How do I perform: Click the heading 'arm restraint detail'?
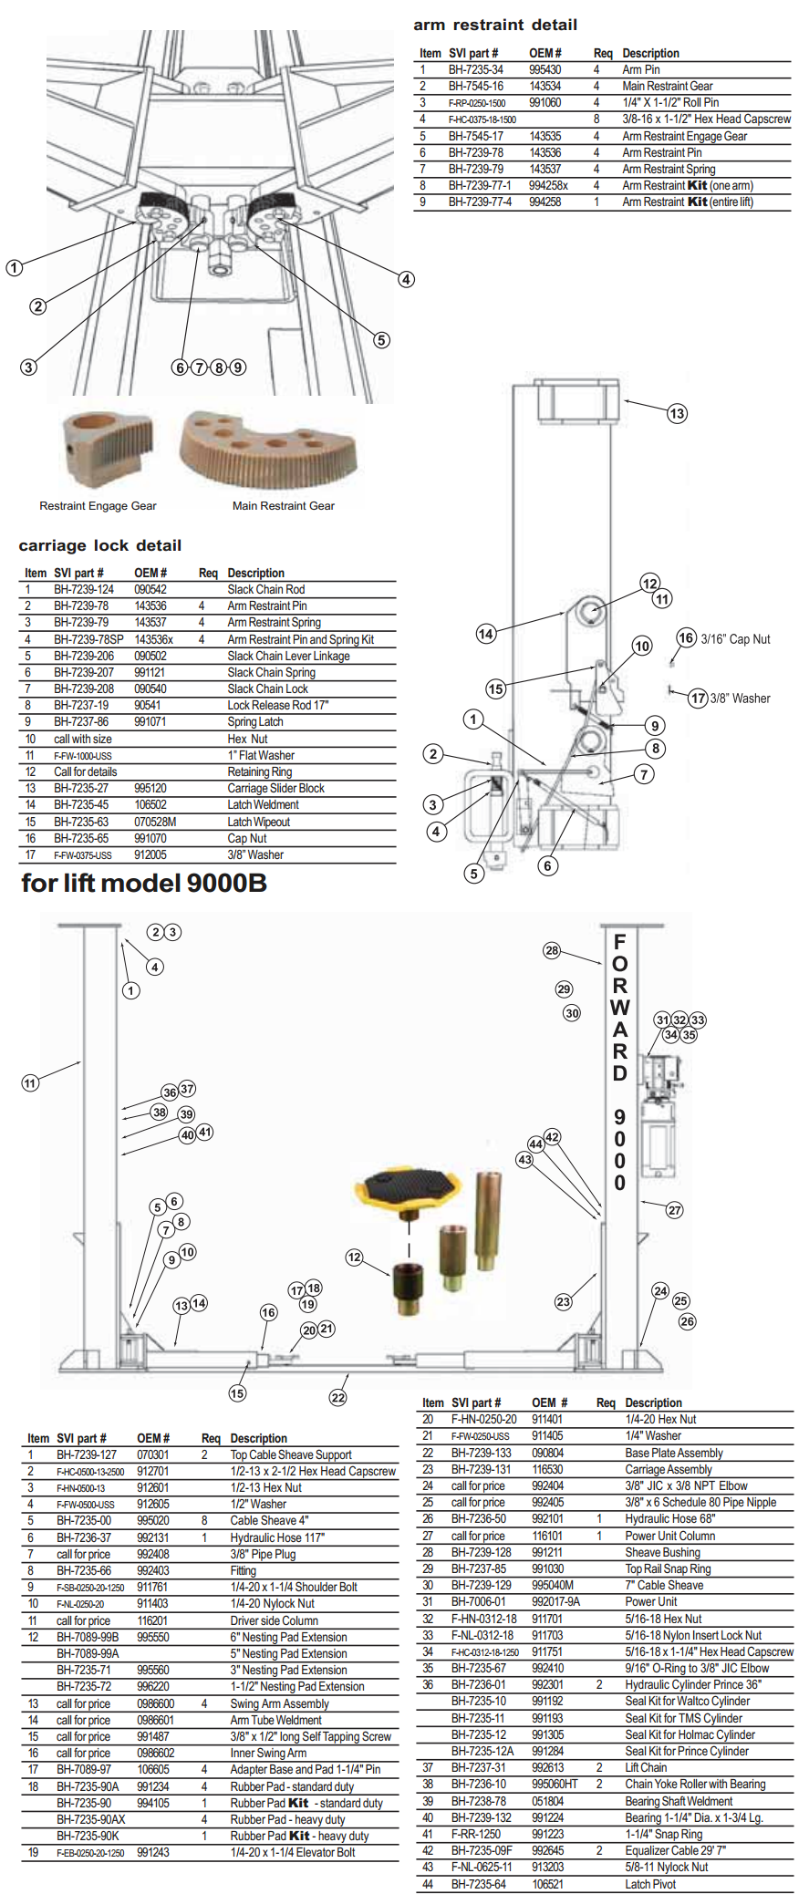pyautogui.click(x=495, y=25)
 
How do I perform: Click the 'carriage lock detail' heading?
pyautogui.click(x=100, y=545)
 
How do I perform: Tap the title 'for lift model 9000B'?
pyautogui.click(x=144, y=883)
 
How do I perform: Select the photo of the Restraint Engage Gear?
pyautogui.click(x=107, y=448)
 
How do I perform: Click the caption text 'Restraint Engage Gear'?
pyautogui.click(x=98, y=506)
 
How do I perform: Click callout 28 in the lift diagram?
pyautogui.click(x=552, y=950)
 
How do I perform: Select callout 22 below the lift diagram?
pyautogui.click(x=338, y=1397)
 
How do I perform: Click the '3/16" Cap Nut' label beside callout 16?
pyautogui.click(x=735, y=639)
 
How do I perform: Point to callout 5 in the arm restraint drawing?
pyautogui.click(x=381, y=340)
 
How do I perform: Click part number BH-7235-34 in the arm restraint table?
pyautogui.click(x=475, y=69)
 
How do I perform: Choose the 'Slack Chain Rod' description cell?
pyautogui.click(x=266, y=590)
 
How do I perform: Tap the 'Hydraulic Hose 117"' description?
pyautogui.click(x=277, y=1537)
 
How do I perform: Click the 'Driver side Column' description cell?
pyautogui.click(x=274, y=1620)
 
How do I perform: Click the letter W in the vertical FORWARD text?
pyautogui.click(x=620, y=1008)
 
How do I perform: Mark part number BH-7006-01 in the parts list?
pyautogui.click(x=478, y=1601)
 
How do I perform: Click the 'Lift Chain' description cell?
pyautogui.click(x=646, y=1767)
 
